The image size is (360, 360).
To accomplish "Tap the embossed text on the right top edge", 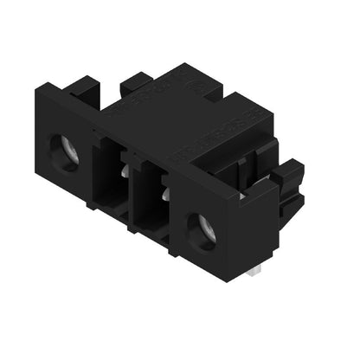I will point(208,138).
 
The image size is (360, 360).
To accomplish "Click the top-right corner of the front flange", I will point(240,197).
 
